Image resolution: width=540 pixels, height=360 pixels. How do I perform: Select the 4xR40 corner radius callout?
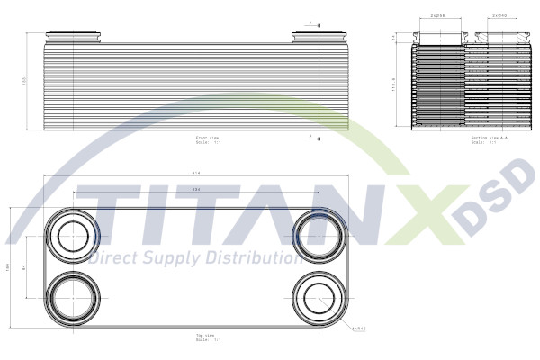pos(359,328)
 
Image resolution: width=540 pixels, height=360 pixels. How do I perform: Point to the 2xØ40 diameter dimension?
pos(500,16)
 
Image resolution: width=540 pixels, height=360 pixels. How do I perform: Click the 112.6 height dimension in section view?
pos(395,86)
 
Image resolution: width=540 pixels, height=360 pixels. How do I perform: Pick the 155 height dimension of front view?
pos(25,81)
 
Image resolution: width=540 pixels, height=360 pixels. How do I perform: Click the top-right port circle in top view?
pos(319,235)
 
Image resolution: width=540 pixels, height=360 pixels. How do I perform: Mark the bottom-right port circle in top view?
pos(319,295)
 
